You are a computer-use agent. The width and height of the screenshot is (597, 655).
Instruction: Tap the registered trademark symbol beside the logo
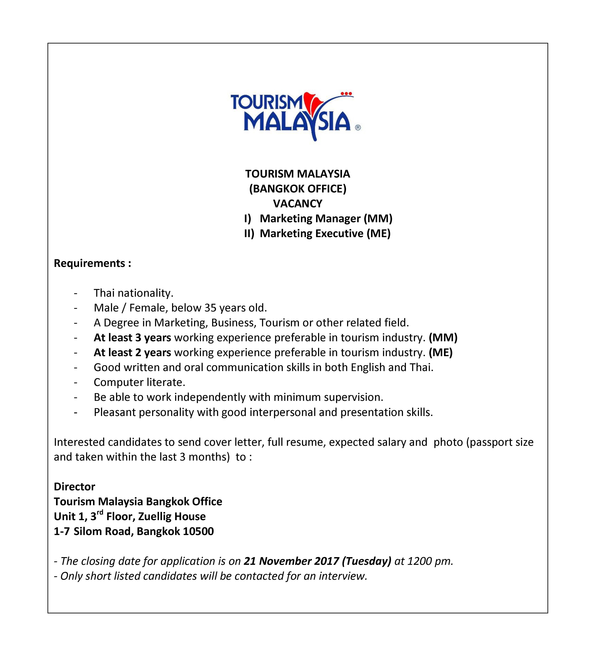(358, 128)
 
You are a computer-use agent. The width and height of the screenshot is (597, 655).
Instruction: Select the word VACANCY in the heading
(298, 204)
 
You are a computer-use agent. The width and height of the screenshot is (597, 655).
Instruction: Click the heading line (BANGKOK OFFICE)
(298, 189)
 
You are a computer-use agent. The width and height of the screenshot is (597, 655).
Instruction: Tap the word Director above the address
(75, 487)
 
